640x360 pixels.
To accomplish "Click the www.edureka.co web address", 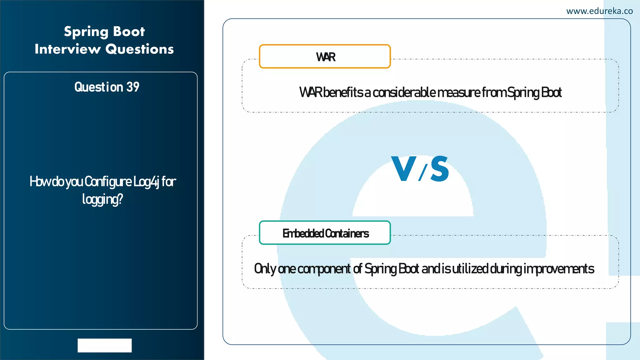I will click(x=599, y=11).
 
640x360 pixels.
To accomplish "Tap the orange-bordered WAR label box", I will click(x=325, y=57).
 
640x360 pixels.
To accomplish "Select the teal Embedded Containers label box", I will click(x=325, y=233).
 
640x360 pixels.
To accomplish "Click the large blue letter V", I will click(x=403, y=169).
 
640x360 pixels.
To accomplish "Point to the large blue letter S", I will click(x=440, y=169).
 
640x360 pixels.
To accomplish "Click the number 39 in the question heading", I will click(x=133, y=87).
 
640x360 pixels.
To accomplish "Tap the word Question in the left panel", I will click(x=99, y=87).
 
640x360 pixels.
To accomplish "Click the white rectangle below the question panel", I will click(x=105, y=345).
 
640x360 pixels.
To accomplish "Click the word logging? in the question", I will click(x=102, y=199).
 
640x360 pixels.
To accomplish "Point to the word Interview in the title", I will click(x=68, y=49).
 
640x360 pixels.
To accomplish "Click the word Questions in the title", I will click(x=139, y=49).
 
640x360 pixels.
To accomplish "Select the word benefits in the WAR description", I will click(x=343, y=92).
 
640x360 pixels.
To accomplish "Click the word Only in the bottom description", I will click(x=265, y=269).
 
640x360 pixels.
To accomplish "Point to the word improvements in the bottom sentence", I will click(x=559, y=269).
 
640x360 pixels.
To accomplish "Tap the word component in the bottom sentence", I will click(x=324, y=269).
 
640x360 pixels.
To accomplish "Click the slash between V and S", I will click(x=422, y=173).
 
